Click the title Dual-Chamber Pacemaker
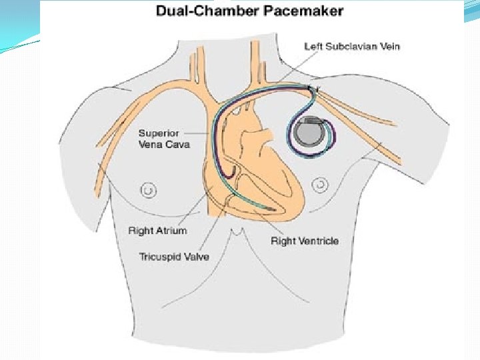(x=249, y=11)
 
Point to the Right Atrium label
(x=157, y=231)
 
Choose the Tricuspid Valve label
(x=173, y=256)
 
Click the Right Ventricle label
(x=304, y=241)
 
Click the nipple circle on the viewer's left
(x=150, y=191)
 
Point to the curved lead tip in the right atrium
(x=230, y=175)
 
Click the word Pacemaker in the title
(x=310, y=11)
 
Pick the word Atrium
(x=172, y=231)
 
